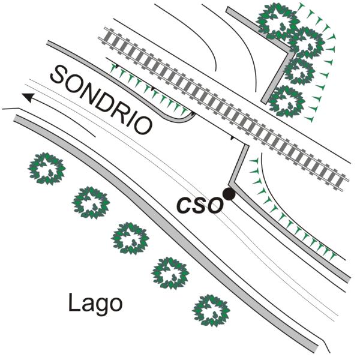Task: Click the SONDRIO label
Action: [x=101, y=100]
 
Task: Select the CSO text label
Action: [x=200, y=205]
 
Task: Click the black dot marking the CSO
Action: [x=229, y=194]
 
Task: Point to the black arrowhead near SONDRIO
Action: [x=29, y=97]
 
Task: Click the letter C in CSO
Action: [x=184, y=205]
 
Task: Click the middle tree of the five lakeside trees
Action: [x=130, y=238]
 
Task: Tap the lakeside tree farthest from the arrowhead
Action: [x=211, y=311]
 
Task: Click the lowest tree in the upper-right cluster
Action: [x=287, y=101]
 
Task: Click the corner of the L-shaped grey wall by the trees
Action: [x=290, y=52]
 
